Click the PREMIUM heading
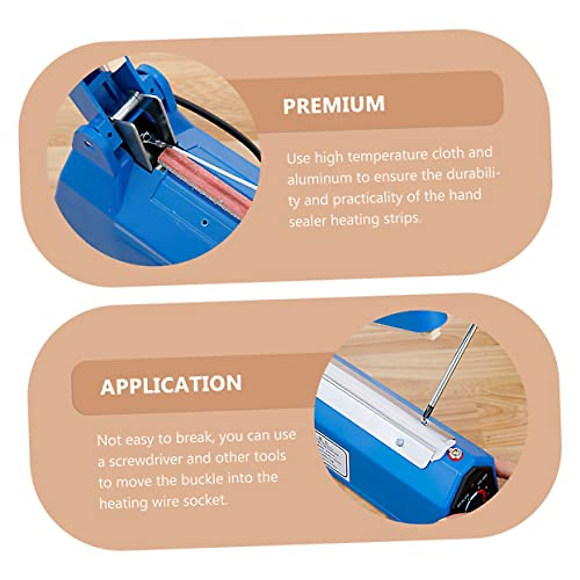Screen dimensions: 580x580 click(x=334, y=105)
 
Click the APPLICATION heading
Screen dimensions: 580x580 click(x=171, y=385)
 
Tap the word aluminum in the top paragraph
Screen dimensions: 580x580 click(x=319, y=178)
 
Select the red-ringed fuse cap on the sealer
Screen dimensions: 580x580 click(x=454, y=453)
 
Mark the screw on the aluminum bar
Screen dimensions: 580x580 click(x=399, y=442)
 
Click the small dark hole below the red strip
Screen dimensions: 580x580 click(x=205, y=222)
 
